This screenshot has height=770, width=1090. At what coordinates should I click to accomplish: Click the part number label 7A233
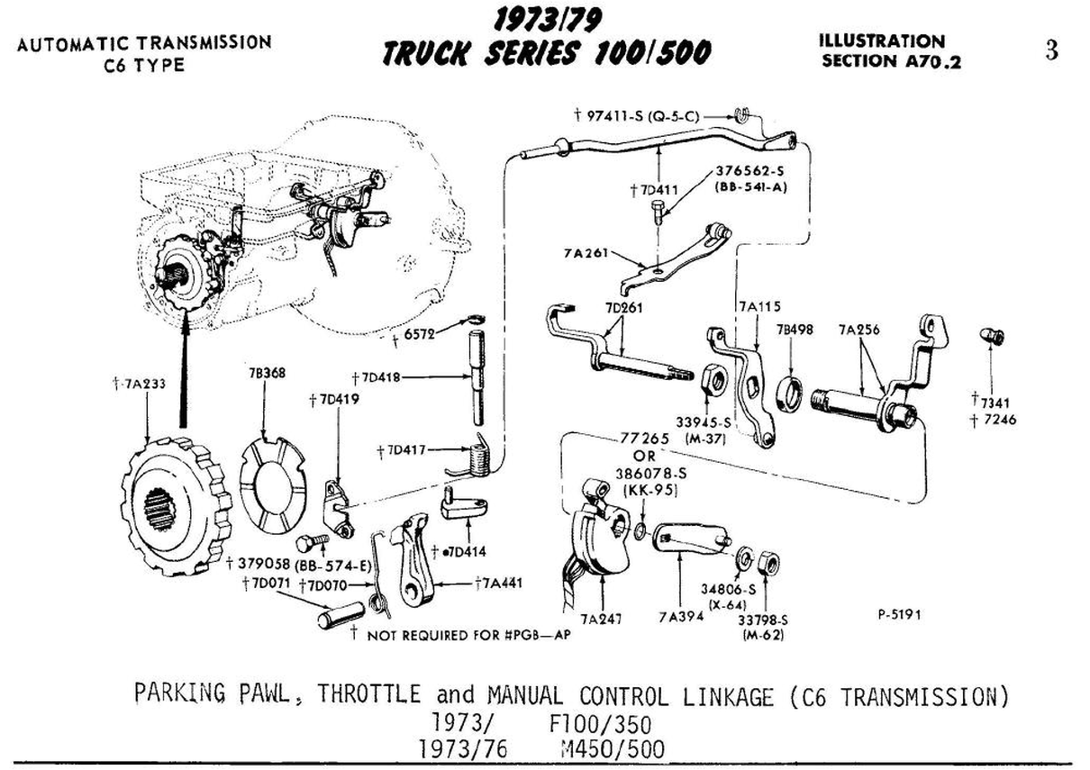(146, 384)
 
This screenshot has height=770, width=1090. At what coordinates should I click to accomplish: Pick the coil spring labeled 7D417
(474, 456)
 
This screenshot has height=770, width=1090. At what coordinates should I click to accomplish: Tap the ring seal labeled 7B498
(789, 394)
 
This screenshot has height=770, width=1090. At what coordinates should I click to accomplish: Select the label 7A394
(679, 618)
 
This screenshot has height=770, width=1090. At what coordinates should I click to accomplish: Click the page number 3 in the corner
(1051, 50)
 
